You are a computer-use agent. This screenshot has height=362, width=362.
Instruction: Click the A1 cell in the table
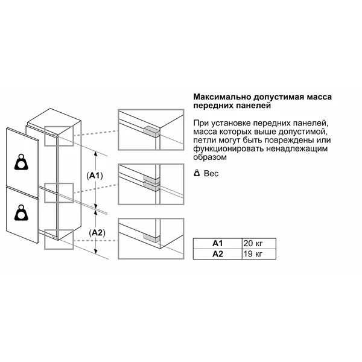[218, 243]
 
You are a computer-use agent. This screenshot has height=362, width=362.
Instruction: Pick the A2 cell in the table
[218, 253]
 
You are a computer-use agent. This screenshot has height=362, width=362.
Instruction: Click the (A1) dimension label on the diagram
[96, 176]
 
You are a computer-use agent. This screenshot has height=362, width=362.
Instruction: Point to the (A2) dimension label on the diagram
[97, 232]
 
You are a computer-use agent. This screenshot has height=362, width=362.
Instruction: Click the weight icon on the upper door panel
[22, 161]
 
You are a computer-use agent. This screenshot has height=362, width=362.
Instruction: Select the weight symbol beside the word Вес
[197, 173]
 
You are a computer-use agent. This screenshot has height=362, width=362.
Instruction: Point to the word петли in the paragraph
[205, 141]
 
